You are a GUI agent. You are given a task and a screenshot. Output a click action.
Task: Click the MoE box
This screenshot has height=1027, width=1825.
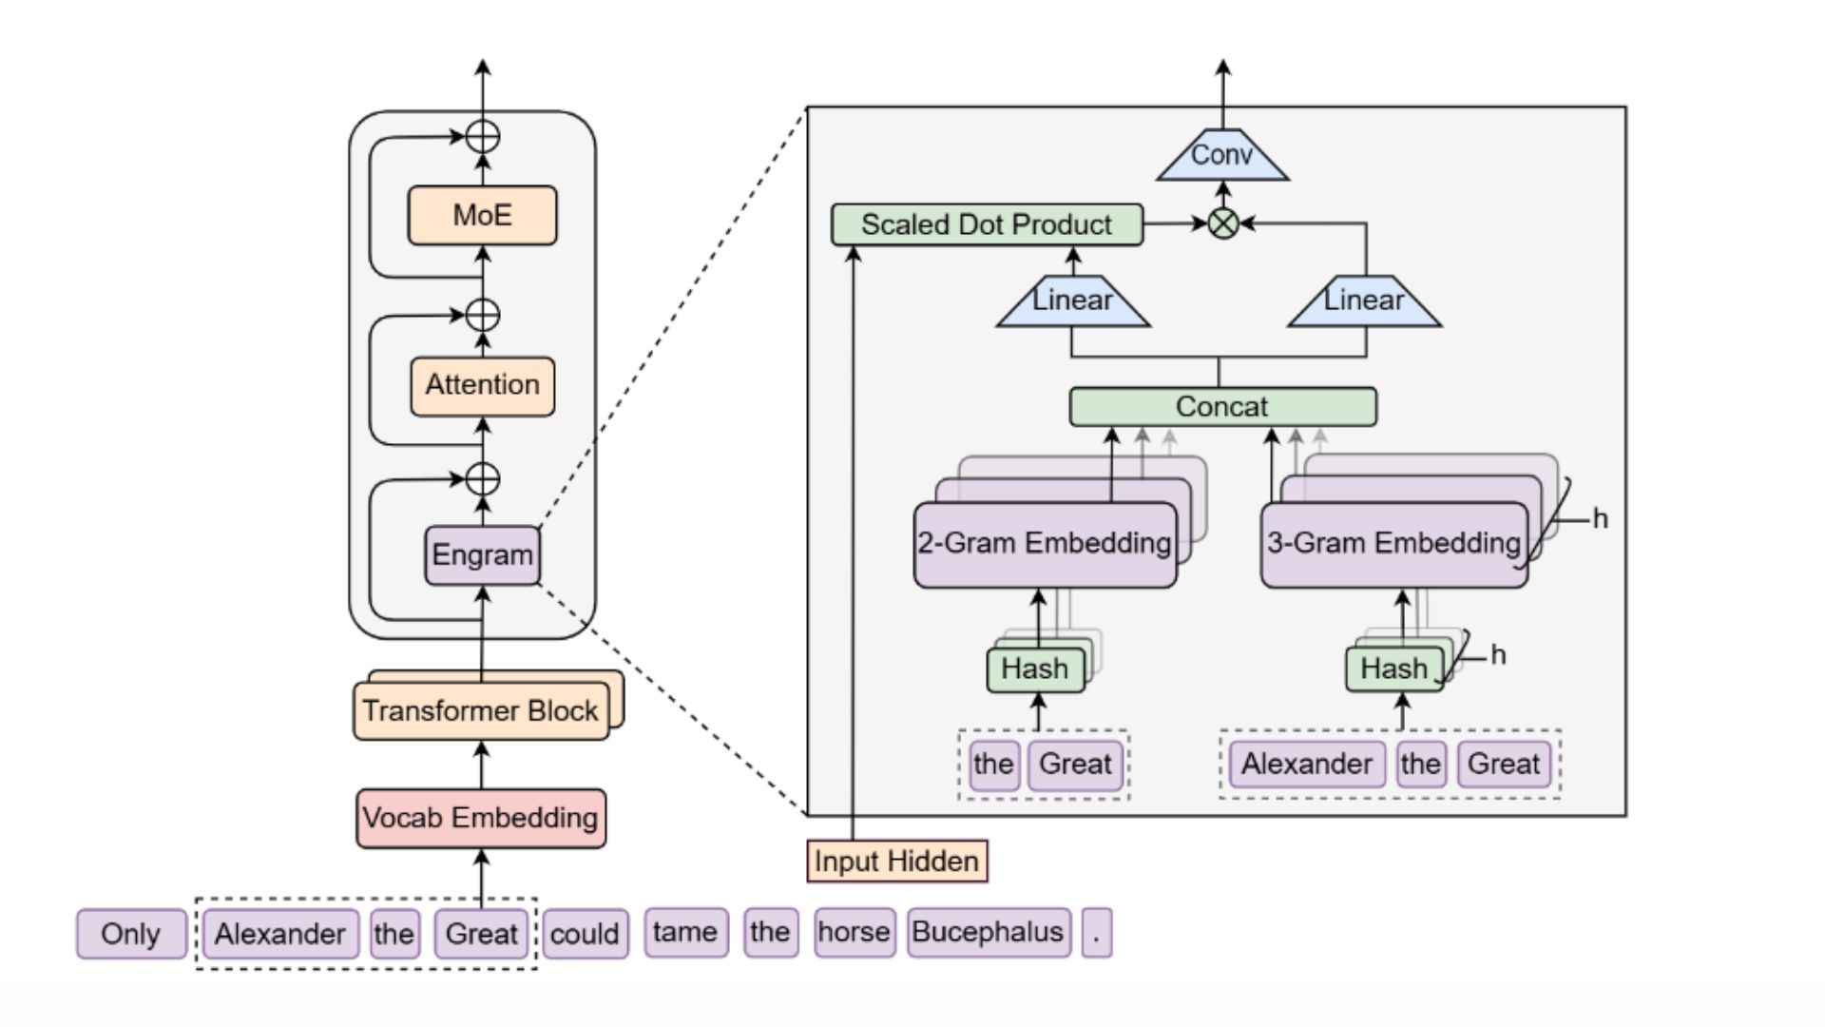[x=482, y=215]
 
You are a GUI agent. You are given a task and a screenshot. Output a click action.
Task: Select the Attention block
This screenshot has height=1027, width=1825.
[x=482, y=385]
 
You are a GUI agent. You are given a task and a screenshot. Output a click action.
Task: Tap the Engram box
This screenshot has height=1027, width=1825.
[x=482, y=554]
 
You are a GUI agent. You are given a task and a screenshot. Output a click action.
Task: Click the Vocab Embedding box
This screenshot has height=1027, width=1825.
[x=480, y=818]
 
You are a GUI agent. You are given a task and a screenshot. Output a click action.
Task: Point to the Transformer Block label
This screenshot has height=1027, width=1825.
[x=480, y=710]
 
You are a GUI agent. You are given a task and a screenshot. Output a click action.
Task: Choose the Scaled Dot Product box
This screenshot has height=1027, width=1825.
[x=987, y=224]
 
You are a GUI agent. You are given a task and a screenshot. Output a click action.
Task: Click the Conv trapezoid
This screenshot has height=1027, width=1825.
[x=1222, y=156]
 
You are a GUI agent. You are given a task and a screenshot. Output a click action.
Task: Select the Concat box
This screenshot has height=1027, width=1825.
[x=1222, y=406]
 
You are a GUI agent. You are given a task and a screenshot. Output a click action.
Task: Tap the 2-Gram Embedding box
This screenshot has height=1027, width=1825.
[x=1045, y=544]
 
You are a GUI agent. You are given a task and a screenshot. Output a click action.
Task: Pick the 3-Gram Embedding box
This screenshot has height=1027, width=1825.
[x=1393, y=544]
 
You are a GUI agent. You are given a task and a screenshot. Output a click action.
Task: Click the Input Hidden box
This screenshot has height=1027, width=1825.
[x=896, y=861]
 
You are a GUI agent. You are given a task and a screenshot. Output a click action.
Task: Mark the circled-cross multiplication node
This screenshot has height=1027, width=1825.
[x=1223, y=223]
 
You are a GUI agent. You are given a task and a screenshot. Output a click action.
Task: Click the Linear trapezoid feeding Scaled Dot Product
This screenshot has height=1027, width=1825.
[x=1072, y=301]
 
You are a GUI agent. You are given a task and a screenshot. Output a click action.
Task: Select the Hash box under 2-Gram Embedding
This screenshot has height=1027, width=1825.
[x=1034, y=669]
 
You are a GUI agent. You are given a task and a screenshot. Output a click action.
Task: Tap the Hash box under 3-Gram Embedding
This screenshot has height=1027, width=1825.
[x=1393, y=669]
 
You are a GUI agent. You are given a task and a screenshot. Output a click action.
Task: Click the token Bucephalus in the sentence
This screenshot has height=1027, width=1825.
[x=988, y=932]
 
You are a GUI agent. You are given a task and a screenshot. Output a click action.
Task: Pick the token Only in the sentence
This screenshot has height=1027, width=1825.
[x=130, y=934]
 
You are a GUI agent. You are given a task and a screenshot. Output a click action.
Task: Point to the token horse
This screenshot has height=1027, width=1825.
[x=854, y=932]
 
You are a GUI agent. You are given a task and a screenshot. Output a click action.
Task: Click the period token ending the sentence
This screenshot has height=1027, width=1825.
[x=1096, y=932]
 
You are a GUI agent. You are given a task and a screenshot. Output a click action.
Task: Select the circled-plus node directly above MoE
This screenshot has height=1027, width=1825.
[x=483, y=137]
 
